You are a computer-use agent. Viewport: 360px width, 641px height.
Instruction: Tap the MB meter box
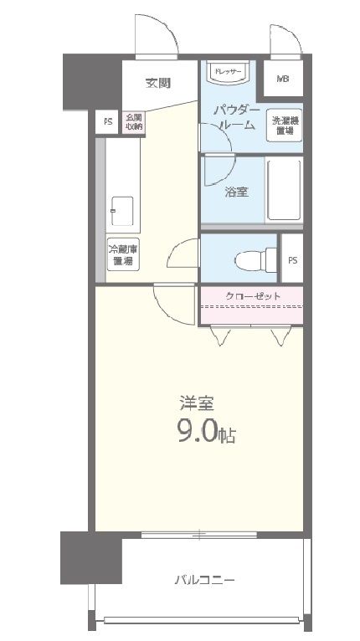(283, 79)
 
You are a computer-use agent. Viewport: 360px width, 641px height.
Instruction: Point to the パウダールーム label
(234, 117)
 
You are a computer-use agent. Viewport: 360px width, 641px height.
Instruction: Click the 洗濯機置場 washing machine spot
(284, 126)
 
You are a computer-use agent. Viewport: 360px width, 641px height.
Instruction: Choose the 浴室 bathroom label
(236, 192)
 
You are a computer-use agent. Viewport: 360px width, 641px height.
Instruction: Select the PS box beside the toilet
(292, 259)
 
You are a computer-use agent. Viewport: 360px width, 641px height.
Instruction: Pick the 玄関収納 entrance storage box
(134, 121)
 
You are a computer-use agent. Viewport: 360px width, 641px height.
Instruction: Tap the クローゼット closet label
(252, 296)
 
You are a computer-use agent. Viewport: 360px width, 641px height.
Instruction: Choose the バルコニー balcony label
(204, 579)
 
